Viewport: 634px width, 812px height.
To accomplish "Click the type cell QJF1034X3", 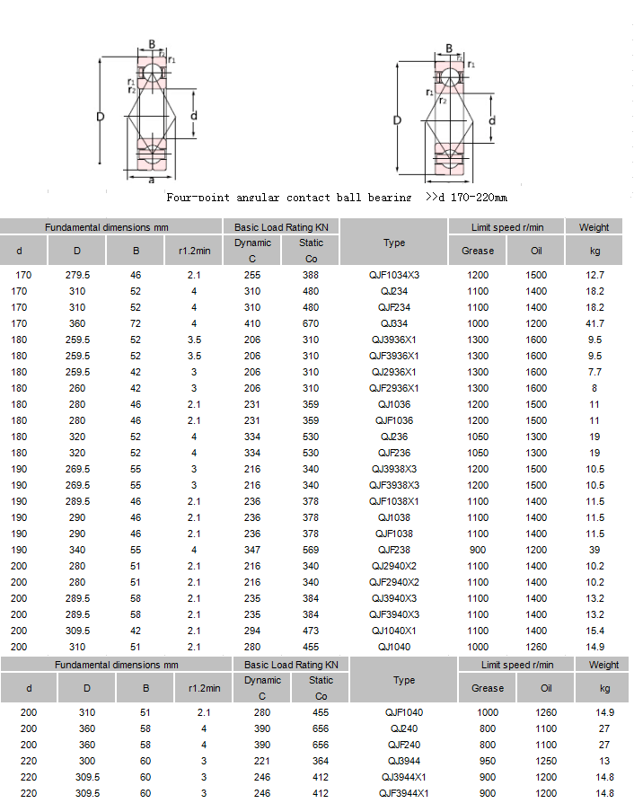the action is click(x=394, y=275).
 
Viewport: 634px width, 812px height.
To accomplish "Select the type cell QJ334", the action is click(x=394, y=323).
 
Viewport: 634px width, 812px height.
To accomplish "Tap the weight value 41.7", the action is click(x=594, y=323).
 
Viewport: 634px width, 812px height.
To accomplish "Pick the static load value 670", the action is click(x=311, y=323).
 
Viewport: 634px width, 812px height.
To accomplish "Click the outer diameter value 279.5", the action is click(x=77, y=275).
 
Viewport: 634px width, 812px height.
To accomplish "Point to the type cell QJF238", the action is click(x=394, y=550).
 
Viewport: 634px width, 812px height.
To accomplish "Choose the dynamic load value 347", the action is click(x=252, y=550).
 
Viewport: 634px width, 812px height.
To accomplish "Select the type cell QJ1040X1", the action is click(x=394, y=631).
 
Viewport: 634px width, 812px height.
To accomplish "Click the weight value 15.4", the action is click(x=594, y=631).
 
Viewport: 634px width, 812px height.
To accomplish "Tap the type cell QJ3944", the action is click(x=404, y=762).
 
